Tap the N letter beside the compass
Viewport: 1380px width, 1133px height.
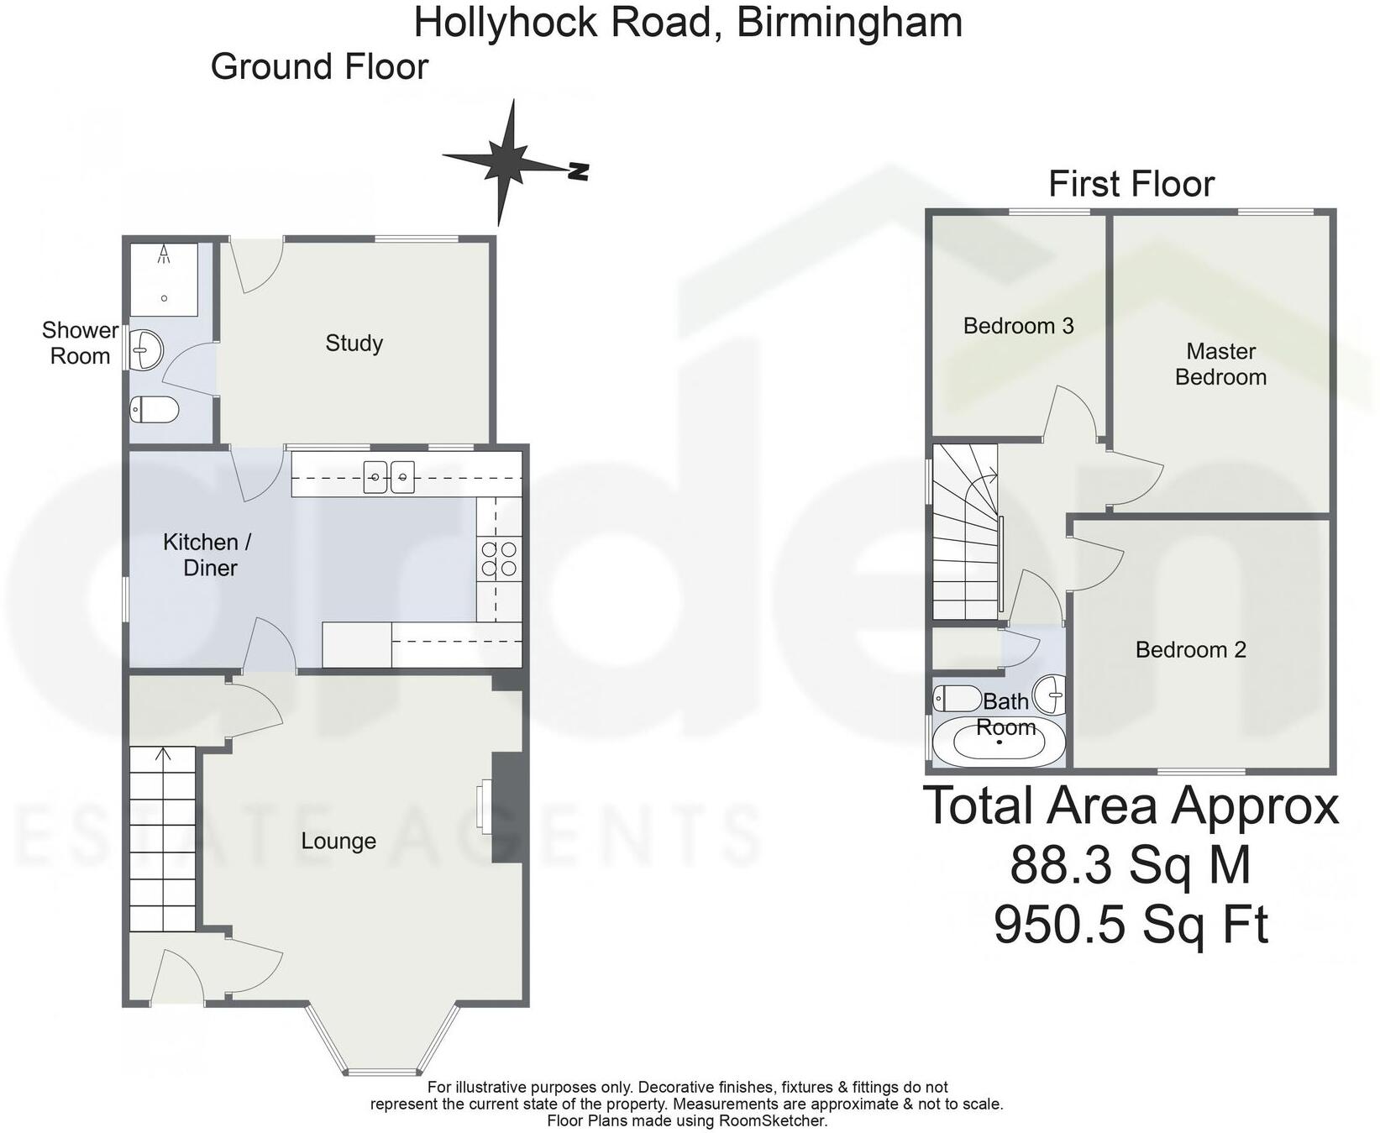point(578,171)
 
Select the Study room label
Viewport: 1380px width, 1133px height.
point(354,343)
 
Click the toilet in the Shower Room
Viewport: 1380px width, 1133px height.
point(155,411)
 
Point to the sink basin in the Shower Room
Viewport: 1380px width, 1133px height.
point(147,348)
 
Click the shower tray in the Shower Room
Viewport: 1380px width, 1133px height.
point(164,280)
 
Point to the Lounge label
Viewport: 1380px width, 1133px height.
point(338,841)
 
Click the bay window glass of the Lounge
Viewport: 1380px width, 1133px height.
point(382,1071)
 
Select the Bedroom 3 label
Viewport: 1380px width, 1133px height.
point(1018,326)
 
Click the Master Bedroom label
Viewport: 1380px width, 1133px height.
point(1220,364)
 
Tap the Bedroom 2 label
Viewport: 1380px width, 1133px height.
point(1190,649)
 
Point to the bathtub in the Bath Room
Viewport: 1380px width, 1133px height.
point(999,742)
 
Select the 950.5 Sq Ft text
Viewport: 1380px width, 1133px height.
point(1131,925)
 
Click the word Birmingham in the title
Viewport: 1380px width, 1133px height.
point(849,23)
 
